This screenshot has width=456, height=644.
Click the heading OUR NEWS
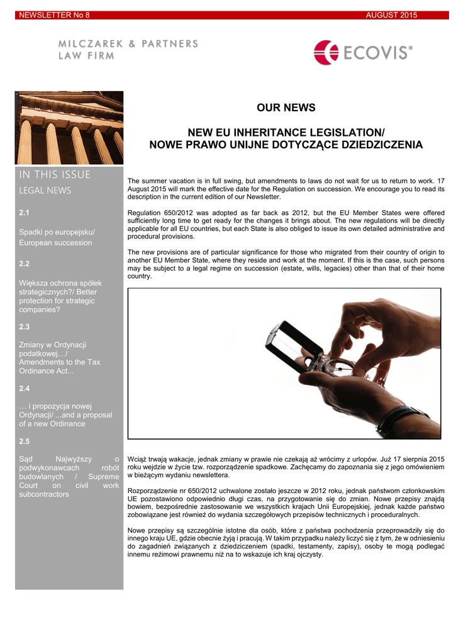pos(286,108)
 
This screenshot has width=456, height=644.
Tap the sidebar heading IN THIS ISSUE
pos(55,175)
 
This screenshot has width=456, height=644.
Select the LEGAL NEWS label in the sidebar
pos(45,190)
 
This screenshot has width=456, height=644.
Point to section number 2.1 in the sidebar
pos(25,213)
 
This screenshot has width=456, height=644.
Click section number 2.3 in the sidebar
pos(25,326)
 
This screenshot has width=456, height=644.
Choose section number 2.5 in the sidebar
pos(25,441)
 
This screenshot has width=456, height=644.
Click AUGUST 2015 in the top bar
pos(391,15)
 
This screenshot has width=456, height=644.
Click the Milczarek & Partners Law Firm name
pos(128,49)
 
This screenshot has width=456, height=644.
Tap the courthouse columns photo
pos(69,128)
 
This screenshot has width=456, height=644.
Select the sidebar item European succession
pos(55,243)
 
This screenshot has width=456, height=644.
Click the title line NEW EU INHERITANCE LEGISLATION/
pos(286,133)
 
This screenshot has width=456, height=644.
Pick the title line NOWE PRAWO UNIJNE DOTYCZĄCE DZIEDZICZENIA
pos(286,145)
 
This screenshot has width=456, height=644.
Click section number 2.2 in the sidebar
pos(25,264)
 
